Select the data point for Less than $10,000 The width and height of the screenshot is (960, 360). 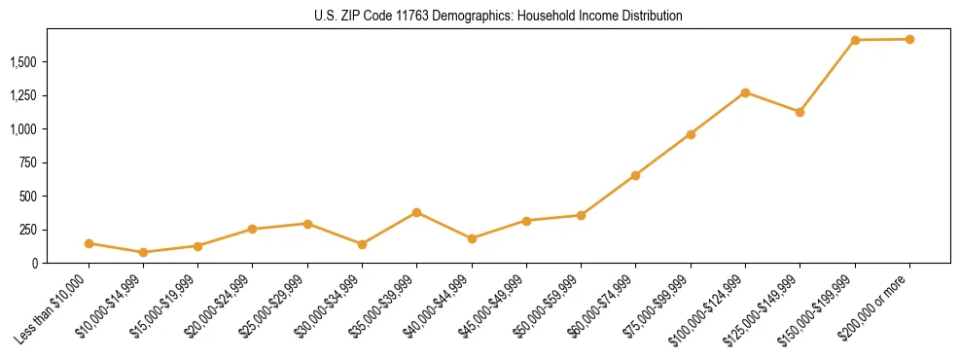point(89,243)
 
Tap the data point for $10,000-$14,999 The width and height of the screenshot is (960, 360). point(144,252)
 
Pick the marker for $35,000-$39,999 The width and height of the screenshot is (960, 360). point(417,212)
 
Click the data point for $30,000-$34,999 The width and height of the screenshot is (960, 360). point(363,244)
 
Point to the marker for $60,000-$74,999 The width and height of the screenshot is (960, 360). point(636,175)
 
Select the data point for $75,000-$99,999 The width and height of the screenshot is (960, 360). point(691,134)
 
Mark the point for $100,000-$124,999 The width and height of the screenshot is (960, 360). point(745,92)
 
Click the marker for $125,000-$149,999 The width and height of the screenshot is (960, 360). point(800,112)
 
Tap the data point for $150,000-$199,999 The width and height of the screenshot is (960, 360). point(855,40)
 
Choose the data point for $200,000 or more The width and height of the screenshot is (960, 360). point(909,39)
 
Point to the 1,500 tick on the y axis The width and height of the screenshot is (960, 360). point(22,62)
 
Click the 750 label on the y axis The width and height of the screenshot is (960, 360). point(28,162)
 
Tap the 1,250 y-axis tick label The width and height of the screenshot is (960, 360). point(22,95)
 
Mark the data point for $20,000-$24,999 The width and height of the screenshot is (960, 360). point(253,229)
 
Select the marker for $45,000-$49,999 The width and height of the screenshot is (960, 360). point(526,221)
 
